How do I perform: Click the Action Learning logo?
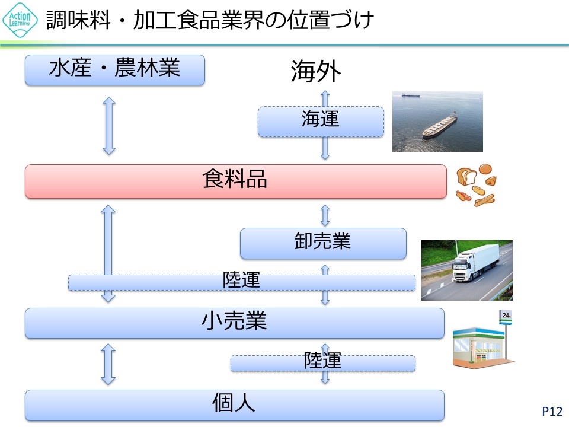pyautogui.click(x=20, y=20)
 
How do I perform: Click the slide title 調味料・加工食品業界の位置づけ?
pyautogui.click(x=210, y=21)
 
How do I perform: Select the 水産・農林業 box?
pyautogui.click(x=114, y=70)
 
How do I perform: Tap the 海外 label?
pyautogui.click(x=316, y=72)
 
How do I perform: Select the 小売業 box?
pyautogui.click(x=234, y=323)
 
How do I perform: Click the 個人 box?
pyautogui.click(x=234, y=405)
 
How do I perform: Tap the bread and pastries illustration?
pyautogui.click(x=476, y=184)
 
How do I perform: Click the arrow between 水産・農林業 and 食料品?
pyautogui.click(x=108, y=126)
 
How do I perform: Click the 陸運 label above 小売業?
pyautogui.click(x=241, y=281)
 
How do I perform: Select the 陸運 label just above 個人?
pyautogui.click(x=322, y=361)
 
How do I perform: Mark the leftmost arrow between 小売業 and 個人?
pyautogui.click(x=108, y=364)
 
